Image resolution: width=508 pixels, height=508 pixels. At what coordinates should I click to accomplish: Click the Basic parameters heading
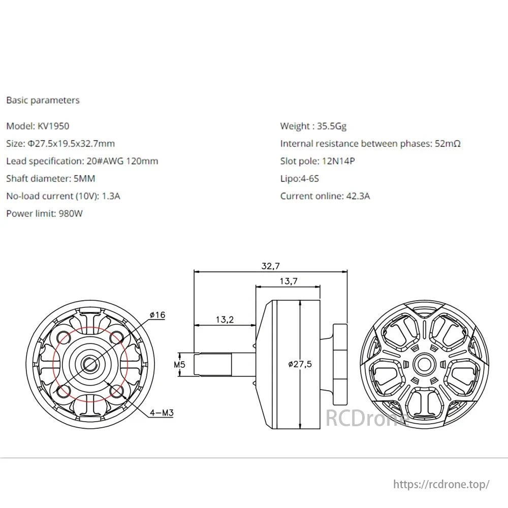43,100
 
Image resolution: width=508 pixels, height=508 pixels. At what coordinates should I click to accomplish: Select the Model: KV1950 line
38,126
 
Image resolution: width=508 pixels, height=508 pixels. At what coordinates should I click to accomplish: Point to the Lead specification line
82,161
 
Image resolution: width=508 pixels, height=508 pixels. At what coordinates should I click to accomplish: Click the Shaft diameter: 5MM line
51,178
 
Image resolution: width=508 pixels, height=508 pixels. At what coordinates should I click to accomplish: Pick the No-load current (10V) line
63,196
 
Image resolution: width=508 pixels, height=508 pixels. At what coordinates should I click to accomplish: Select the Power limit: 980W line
44,213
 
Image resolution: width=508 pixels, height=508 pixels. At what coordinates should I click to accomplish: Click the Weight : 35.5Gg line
313,126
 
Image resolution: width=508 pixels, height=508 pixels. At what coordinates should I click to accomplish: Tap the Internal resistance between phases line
370,144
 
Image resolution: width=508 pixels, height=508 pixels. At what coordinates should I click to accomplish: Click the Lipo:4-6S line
300,178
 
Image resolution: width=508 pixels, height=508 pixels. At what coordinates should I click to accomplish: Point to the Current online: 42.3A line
325,196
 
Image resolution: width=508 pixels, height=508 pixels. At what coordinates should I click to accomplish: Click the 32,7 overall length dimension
271,266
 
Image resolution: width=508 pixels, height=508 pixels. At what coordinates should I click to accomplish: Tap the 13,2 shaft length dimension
224,320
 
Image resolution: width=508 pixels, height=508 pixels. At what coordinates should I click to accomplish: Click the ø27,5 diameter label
300,364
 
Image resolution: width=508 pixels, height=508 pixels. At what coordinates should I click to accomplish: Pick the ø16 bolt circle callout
157,315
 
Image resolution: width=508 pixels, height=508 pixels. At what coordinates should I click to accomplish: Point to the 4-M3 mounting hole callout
162,413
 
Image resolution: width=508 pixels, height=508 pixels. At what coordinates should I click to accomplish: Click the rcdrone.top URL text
441,484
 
